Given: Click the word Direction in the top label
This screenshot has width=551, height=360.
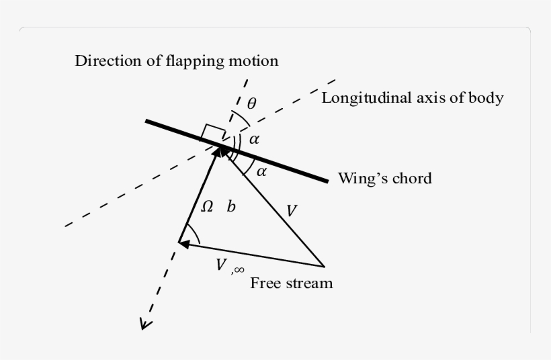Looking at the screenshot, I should pyautogui.click(x=103, y=61).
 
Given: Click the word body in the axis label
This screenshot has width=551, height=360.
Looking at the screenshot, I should pyautogui.click(x=488, y=98).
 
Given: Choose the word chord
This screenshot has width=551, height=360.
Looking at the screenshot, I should pyautogui.click(x=411, y=179).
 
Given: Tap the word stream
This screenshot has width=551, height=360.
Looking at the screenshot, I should pyautogui.click(x=308, y=283).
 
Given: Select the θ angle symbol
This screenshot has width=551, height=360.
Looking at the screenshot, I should pyautogui.click(x=251, y=103).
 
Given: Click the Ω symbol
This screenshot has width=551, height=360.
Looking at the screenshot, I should pyautogui.click(x=208, y=208).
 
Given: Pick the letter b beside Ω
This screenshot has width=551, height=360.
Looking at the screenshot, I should pyautogui.click(x=231, y=207).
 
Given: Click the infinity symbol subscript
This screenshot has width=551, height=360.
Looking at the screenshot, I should pyautogui.click(x=238, y=269).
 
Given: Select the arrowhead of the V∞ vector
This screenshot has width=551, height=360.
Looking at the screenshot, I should pyautogui.click(x=183, y=243).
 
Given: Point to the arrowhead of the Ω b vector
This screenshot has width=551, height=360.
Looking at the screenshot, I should pyautogui.click(x=218, y=150).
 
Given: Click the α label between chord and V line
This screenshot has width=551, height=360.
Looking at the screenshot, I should pyautogui.click(x=261, y=171).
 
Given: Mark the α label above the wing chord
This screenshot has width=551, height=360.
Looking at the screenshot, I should pyautogui.click(x=254, y=140).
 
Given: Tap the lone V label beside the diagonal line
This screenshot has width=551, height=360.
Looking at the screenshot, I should pyautogui.click(x=291, y=211).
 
